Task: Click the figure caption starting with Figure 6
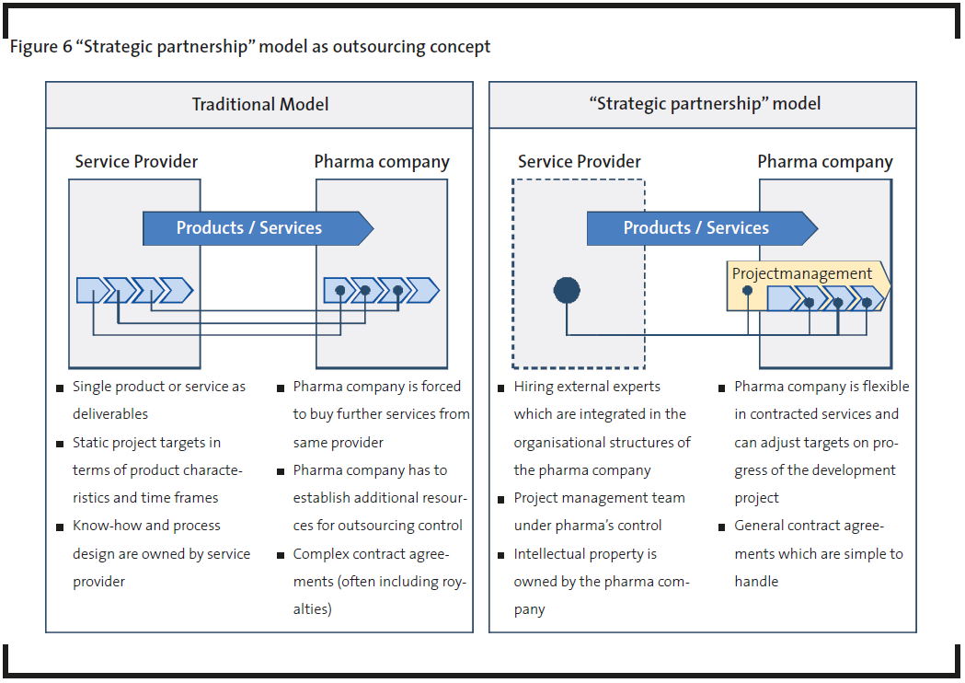click(250, 47)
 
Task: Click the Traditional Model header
click(259, 104)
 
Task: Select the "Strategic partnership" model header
click(705, 103)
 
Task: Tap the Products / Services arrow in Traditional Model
click(258, 228)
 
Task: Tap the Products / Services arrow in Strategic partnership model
click(702, 228)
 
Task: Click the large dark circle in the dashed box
click(567, 290)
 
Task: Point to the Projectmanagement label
click(801, 273)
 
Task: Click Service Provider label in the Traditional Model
click(136, 161)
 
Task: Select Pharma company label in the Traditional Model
click(382, 162)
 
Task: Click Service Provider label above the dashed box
click(580, 161)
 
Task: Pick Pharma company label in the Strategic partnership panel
click(824, 162)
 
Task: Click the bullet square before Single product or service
click(60, 388)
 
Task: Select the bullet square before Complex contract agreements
click(281, 556)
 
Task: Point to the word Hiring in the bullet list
click(533, 387)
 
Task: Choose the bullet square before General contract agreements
click(722, 527)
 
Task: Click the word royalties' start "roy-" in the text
click(454, 582)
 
